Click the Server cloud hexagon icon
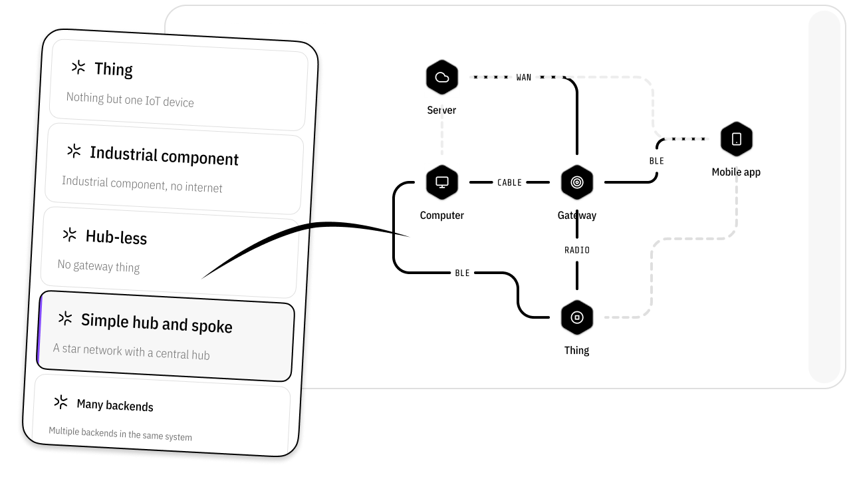point(442,77)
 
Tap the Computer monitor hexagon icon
point(442,182)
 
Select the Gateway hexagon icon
point(577,182)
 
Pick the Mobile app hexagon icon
point(737,139)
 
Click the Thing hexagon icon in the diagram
point(577,317)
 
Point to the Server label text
point(442,110)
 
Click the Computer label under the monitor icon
point(442,216)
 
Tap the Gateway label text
point(577,216)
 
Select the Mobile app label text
point(737,172)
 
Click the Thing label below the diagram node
point(577,351)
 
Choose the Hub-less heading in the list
point(116,237)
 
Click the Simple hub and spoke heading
point(157,323)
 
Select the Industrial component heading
point(164,156)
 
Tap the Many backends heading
point(115,406)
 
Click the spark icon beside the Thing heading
point(78,67)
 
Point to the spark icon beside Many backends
point(61,402)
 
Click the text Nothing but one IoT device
point(130,100)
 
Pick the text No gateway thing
point(98,266)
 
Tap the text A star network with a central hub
point(132,351)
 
